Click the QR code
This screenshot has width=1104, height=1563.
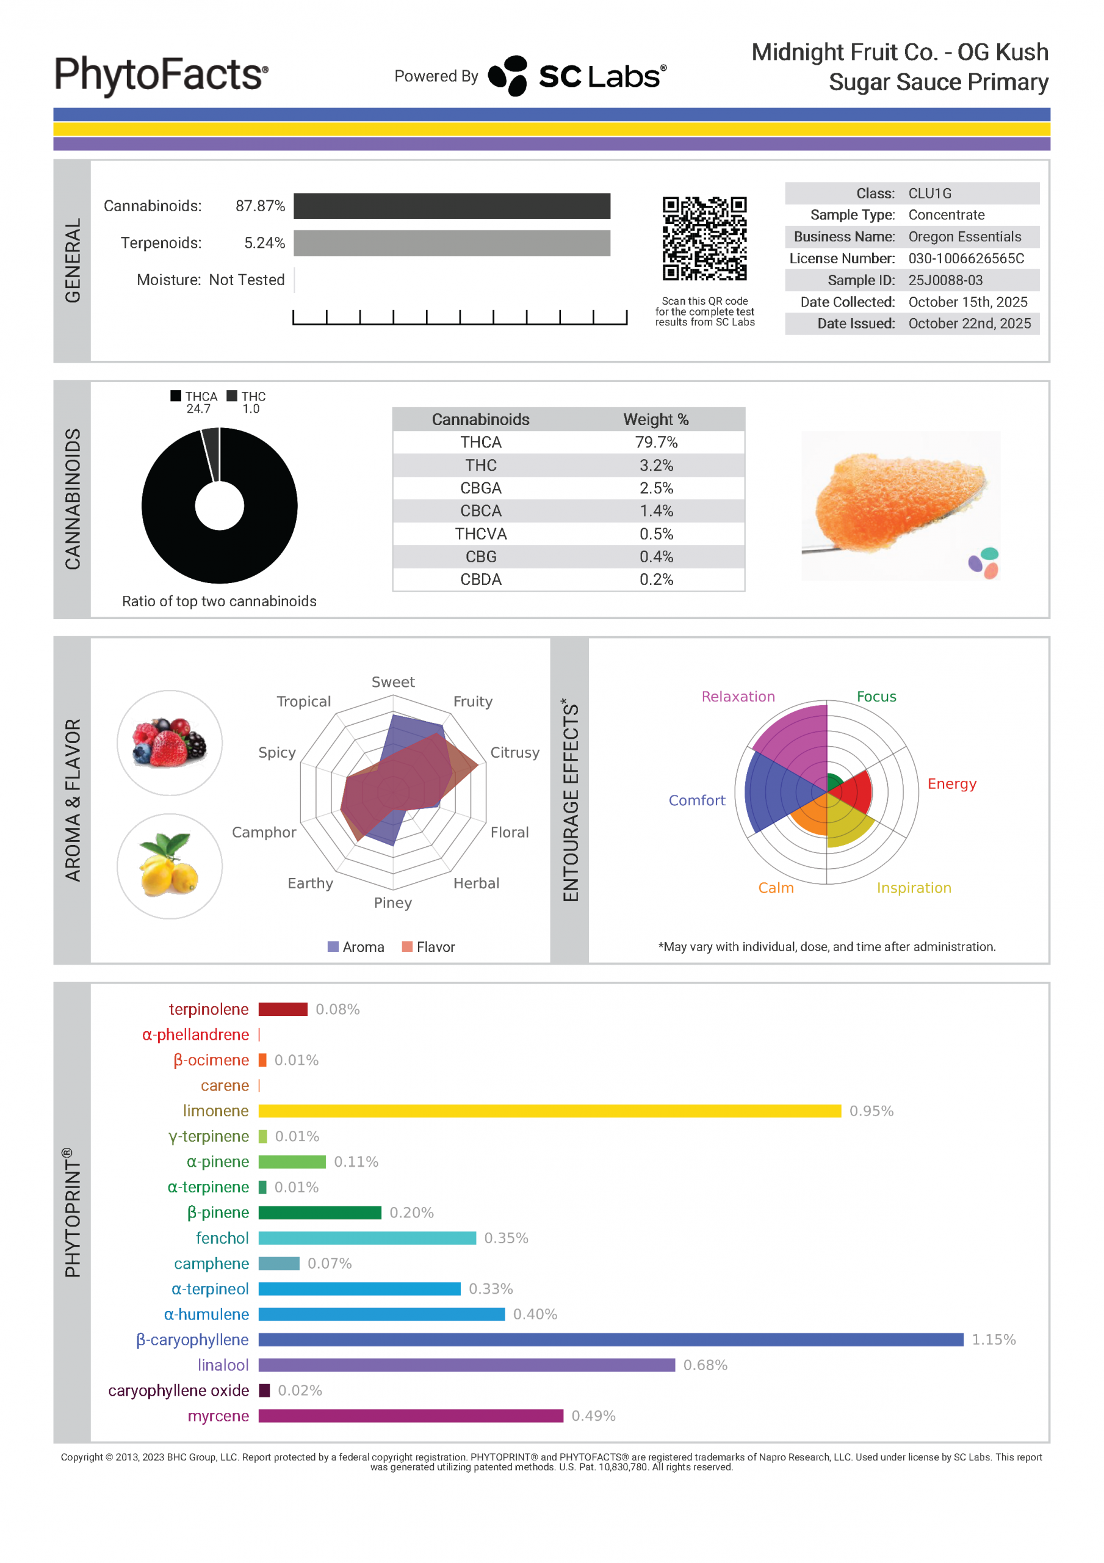tap(704, 238)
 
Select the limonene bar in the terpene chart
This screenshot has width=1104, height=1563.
tap(549, 1111)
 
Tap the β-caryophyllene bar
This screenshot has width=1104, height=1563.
tap(610, 1340)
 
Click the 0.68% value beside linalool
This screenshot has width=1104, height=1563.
tap(705, 1365)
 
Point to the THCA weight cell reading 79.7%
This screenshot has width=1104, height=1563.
tap(656, 443)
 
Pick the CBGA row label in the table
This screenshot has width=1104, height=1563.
tap(480, 488)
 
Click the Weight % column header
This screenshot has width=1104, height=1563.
tap(656, 419)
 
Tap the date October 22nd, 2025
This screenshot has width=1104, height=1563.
tap(969, 324)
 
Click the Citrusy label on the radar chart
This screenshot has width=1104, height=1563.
tap(514, 752)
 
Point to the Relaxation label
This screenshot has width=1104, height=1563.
tap(738, 697)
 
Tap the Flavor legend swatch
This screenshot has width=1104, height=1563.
tap(407, 946)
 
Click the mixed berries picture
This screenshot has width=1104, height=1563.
tap(170, 742)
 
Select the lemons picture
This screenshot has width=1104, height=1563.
tap(170, 866)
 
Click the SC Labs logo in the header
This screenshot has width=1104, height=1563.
tap(577, 76)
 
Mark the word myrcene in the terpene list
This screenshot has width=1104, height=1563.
tap(218, 1416)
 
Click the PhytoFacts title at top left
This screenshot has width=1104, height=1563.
tap(161, 75)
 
